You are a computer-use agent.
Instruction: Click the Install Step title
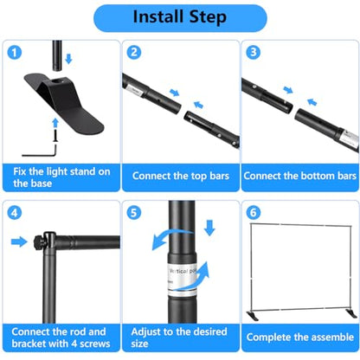pyautogui.click(x=180, y=17)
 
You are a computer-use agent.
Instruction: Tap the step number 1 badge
pyautogui.click(x=15, y=53)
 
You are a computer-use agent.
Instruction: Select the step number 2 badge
pyautogui.click(x=134, y=53)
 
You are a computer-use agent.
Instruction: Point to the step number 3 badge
pyautogui.click(x=254, y=53)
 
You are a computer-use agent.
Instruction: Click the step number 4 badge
pyautogui.click(x=15, y=213)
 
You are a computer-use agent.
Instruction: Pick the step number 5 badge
pyautogui.click(x=134, y=213)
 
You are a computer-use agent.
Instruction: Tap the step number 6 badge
pyautogui.click(x=254, y=213)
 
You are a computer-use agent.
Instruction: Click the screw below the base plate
pyautogui.click(x=55, y=135)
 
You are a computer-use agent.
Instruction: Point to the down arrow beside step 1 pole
pyautogui.click(x=68, y=59)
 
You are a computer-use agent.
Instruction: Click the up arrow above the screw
pyautogui.click(x=55, y=123)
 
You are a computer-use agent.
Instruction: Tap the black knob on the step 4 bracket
pyautogui.click(x=38, y=241)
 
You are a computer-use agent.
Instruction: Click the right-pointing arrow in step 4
pyautogui.click(x=19, y=241)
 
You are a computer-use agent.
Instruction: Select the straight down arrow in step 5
pyautogui.click(x=209, y=228)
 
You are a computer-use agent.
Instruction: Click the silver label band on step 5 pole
pyautogui.click(x=183, y=276)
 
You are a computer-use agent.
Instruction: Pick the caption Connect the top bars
pyautogui.click(x=181, y=176)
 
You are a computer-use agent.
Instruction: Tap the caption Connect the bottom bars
pyautogui.click(x=300, y=176)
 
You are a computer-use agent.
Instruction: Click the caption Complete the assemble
pyautogui.click(x=300, y=337)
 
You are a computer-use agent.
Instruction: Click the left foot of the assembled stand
pyautogui.click(x=253, y=315)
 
